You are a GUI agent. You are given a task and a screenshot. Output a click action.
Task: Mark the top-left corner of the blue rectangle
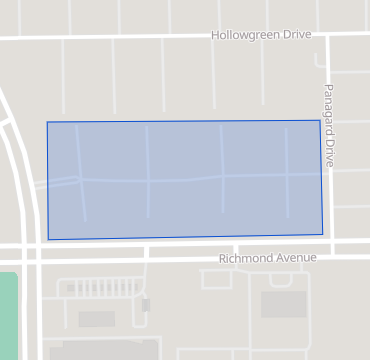coord(47,122)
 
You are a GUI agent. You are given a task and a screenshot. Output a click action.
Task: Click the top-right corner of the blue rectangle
coord(320,120)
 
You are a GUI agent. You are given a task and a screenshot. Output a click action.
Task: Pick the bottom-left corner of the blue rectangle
coord(48,240)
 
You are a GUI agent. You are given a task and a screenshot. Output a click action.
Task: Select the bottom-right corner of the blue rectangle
coord(323,235)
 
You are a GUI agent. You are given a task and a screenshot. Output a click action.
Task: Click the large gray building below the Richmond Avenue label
coord(284,304)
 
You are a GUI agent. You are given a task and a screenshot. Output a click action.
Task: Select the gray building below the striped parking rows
coord(97,318)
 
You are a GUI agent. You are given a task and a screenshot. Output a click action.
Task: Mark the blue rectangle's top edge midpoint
coord(184,121)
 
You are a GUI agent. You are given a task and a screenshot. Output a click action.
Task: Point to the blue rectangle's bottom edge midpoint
coord(185,238)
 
